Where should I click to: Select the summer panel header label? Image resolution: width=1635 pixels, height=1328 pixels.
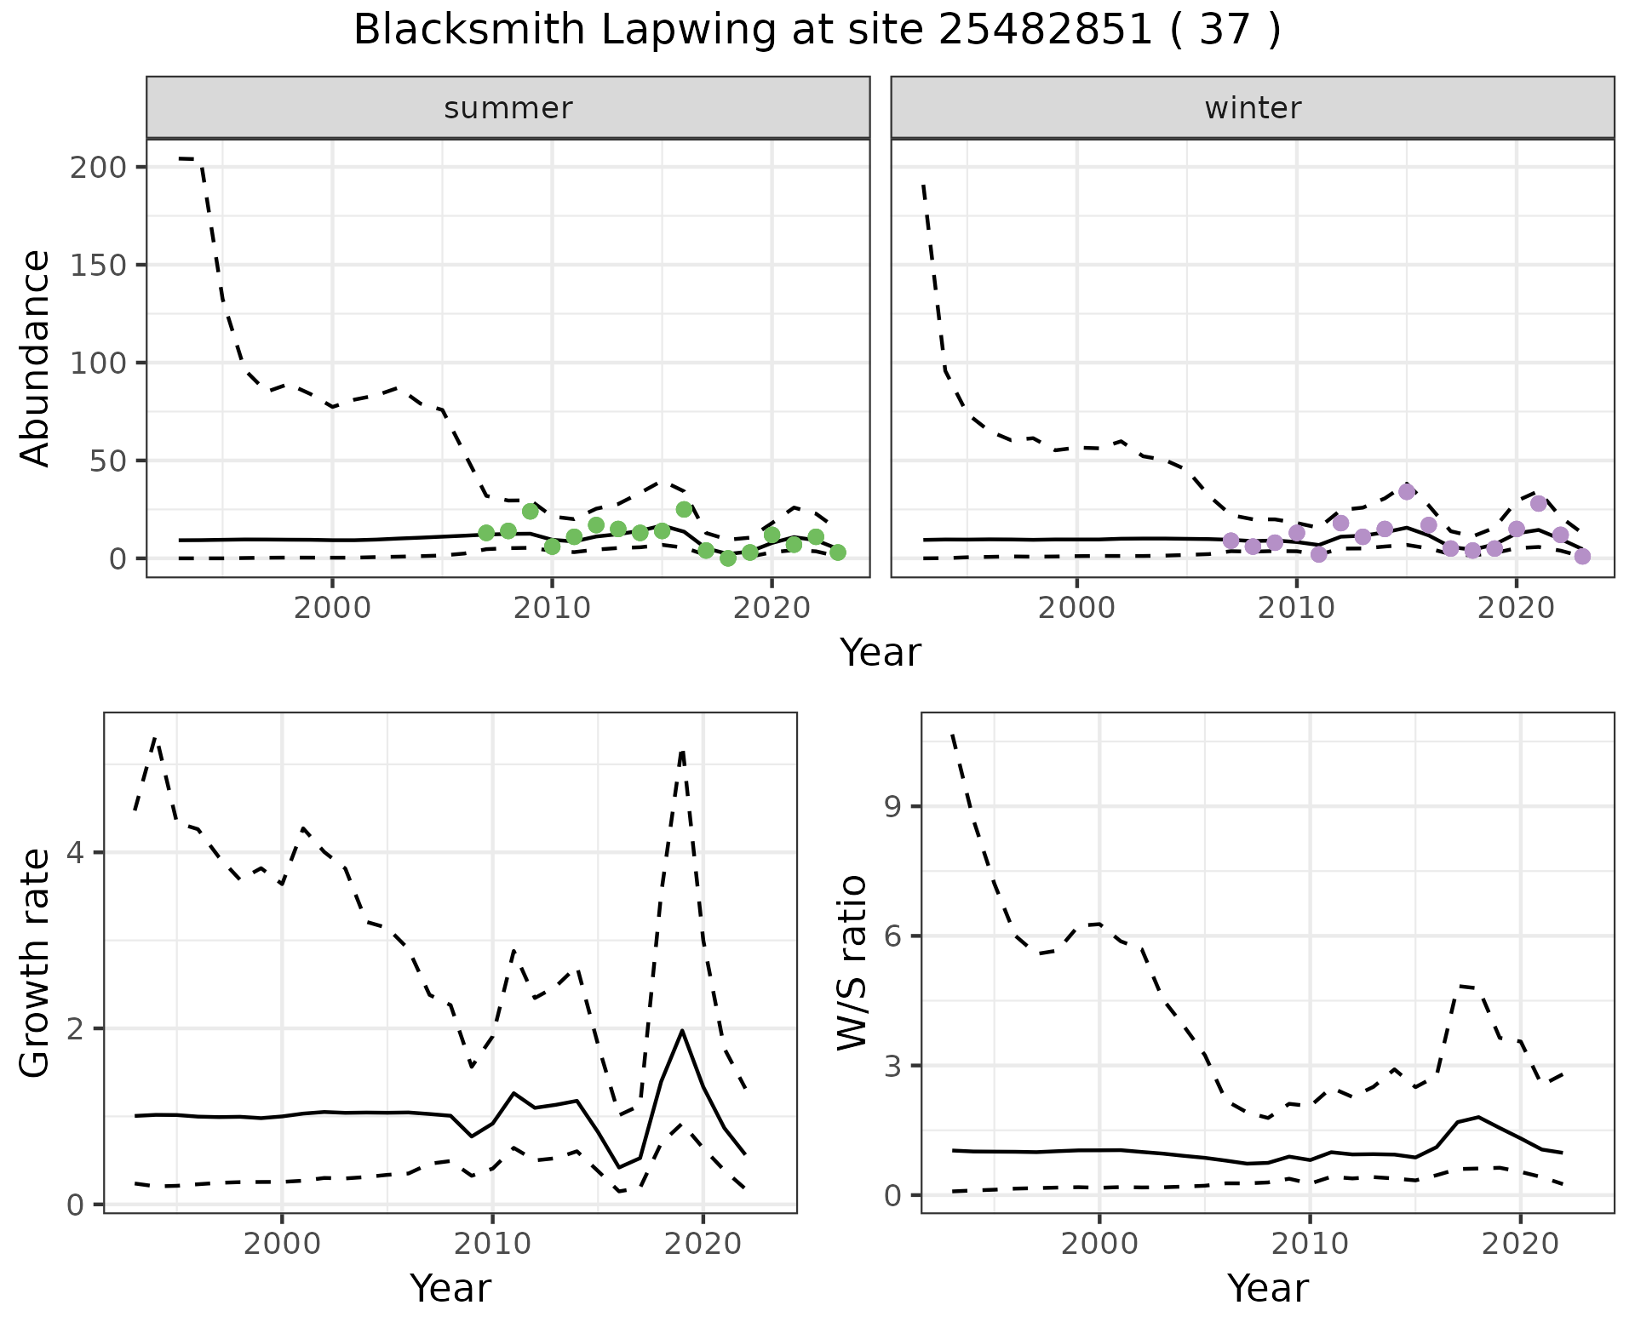508,108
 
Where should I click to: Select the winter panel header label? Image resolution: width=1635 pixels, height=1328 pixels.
1253,108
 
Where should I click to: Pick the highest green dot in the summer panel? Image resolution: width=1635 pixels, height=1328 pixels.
684,509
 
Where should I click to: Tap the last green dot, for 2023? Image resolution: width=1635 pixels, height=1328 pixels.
838,552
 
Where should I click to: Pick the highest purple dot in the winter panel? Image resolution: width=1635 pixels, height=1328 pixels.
1407,491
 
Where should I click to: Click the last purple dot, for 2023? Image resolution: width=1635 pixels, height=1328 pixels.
1582,556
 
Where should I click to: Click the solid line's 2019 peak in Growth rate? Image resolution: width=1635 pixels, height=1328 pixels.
682,1031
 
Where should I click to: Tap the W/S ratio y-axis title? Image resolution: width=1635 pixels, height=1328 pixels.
852,963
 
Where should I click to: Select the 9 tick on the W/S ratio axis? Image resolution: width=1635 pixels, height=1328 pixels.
892,806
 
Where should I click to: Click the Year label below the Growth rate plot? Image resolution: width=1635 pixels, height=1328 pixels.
450,1288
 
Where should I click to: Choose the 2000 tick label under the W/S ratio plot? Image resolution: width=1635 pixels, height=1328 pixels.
1099,1244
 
